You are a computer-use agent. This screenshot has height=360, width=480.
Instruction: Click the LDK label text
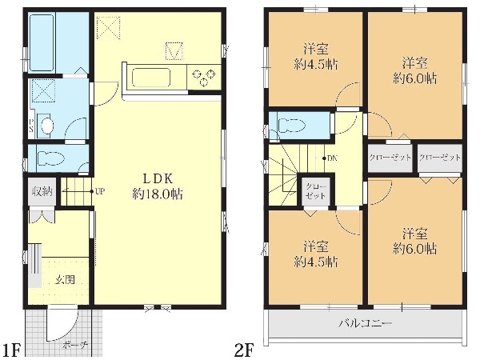[158, 178]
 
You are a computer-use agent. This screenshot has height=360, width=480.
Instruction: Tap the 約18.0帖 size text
[158, 194]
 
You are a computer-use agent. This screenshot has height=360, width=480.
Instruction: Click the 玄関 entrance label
[66, 279]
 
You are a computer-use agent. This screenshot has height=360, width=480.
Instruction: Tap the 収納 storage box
[42, 192]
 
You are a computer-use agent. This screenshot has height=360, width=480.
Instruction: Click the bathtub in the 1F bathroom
[42, 42]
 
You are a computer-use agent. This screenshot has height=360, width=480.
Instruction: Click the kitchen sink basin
[151, 78]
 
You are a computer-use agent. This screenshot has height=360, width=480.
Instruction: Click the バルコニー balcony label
[365, 323]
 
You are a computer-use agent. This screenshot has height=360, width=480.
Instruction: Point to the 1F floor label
[11, 350]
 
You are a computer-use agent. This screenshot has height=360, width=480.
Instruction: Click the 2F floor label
[244, 350]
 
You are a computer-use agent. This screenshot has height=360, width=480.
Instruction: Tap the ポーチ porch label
[74, 346]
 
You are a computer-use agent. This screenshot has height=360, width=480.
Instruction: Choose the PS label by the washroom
[31, 125]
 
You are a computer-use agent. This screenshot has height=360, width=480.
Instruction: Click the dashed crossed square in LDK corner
[109, 27]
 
